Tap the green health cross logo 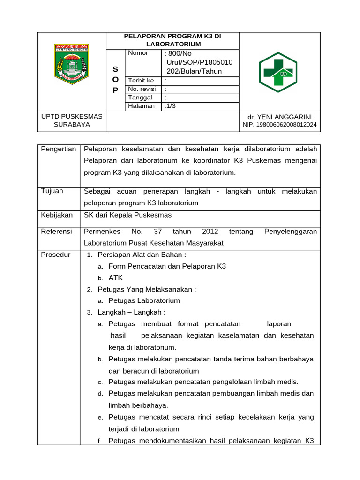278,72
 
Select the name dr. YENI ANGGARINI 280,117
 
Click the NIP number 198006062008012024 280,125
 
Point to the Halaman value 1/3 171,106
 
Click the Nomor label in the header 138,53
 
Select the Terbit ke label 141,81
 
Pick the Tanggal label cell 140,97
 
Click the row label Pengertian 59,149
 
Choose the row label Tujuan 52,191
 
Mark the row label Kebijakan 57,215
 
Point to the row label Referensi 57,232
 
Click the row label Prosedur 56,255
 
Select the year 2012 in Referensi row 210,232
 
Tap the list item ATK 115,278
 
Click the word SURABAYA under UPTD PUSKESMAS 72,125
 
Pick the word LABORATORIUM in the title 173,44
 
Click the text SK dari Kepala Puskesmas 127,215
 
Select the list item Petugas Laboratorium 144,301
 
